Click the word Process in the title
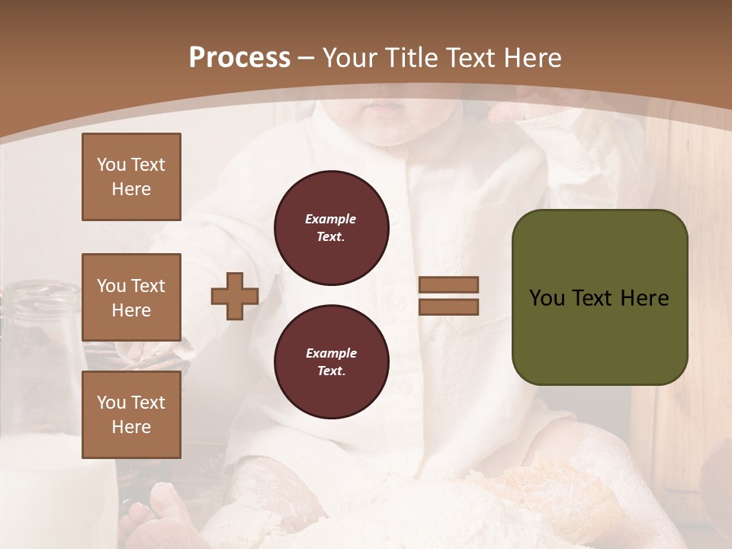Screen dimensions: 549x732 coord(239,58)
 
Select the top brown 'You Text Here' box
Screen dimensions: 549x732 coord(131,177)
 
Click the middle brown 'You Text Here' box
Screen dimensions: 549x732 coord(131,297)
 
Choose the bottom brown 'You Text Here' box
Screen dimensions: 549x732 coord(131,415)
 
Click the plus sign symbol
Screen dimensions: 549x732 coord(234,297)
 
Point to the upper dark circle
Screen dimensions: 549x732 coord(332,228)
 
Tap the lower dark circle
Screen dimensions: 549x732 coord(332,362)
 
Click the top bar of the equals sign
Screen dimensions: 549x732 coord(448,285)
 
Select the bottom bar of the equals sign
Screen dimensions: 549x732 coord(448,307)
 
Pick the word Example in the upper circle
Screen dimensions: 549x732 coord(330,219)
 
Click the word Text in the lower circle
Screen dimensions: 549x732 coord(330,371)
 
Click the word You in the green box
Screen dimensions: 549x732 coord(545,298)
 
